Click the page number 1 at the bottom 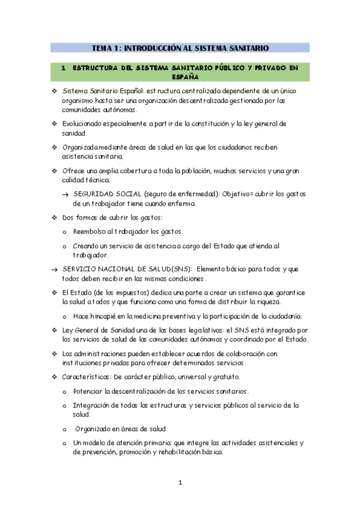click(x=180, y=482)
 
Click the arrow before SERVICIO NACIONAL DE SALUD click(x=55, y=269)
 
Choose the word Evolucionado click(x=88, y=123)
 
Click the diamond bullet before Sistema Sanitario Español click(x=54, y=91)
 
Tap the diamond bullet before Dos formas click(x=54, y=217)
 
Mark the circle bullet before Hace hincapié click(x=65, y=316)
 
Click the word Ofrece click(x=73, y=171)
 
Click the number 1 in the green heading click(x=64, y=68)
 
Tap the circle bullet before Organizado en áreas click(x=65, y=429)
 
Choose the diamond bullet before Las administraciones click(x=54, y=354)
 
